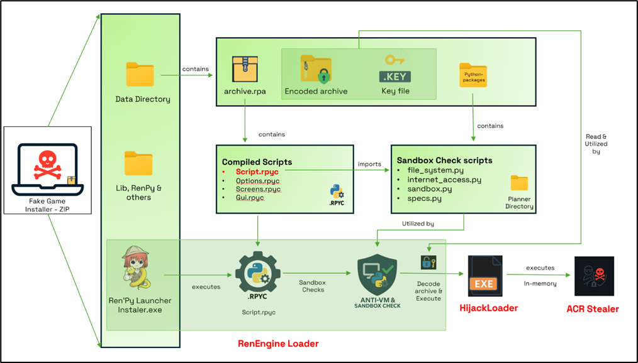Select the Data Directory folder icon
point(140,75)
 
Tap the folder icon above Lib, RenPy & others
point(138,164)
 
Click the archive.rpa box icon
point(245,70)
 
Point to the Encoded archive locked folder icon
point(316,69)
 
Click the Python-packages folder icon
point(473,75)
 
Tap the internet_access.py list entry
point(444,180)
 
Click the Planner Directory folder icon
point(519,183)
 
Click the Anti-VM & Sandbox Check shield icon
point(376,274)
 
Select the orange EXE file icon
point(484,276)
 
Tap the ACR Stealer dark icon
point(594,276)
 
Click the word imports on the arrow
point(369,165)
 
